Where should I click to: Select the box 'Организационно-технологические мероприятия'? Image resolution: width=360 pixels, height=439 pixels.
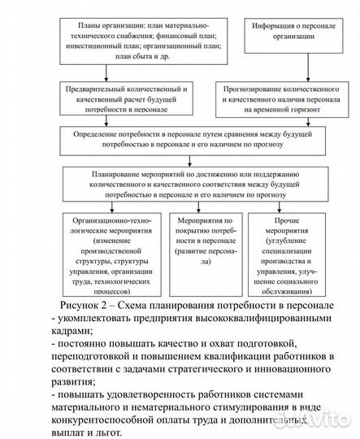click(115, 254)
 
